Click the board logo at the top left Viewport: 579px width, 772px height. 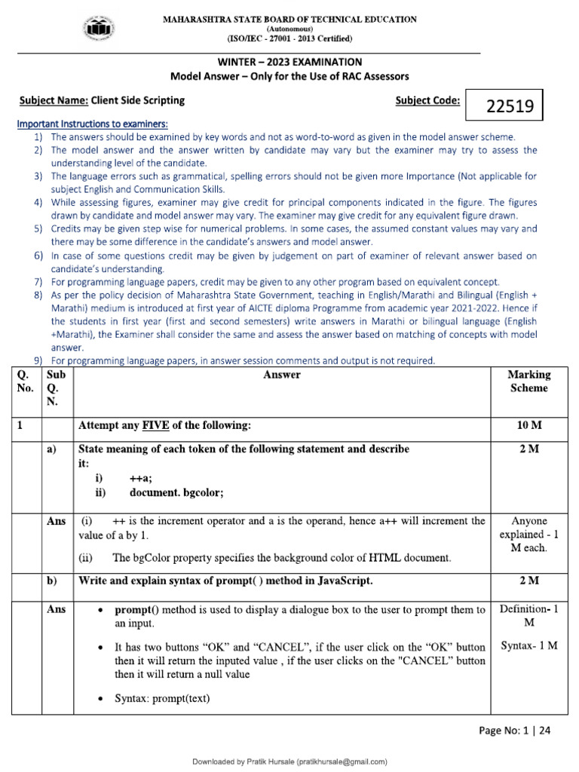pos(100,29)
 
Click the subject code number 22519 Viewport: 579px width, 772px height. pos(504,107)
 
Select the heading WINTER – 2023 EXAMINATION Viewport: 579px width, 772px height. pos(289,62)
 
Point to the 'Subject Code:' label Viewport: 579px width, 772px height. pos(427,100)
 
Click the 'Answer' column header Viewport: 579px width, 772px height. pos(282,375)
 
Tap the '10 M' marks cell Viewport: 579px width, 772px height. pos(528,426)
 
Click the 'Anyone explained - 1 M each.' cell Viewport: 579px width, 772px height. pos(528,535)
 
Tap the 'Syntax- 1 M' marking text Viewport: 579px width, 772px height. pos(528,646)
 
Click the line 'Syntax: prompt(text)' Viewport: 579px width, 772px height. pos(161,699)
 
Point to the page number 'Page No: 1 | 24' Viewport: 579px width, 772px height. pos(519,731)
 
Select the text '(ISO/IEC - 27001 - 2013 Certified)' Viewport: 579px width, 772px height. pos(289,38)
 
